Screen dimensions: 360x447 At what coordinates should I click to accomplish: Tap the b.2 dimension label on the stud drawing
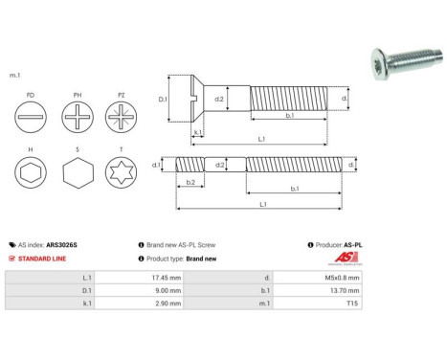190,181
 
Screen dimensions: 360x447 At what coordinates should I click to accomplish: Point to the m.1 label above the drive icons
14,74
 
